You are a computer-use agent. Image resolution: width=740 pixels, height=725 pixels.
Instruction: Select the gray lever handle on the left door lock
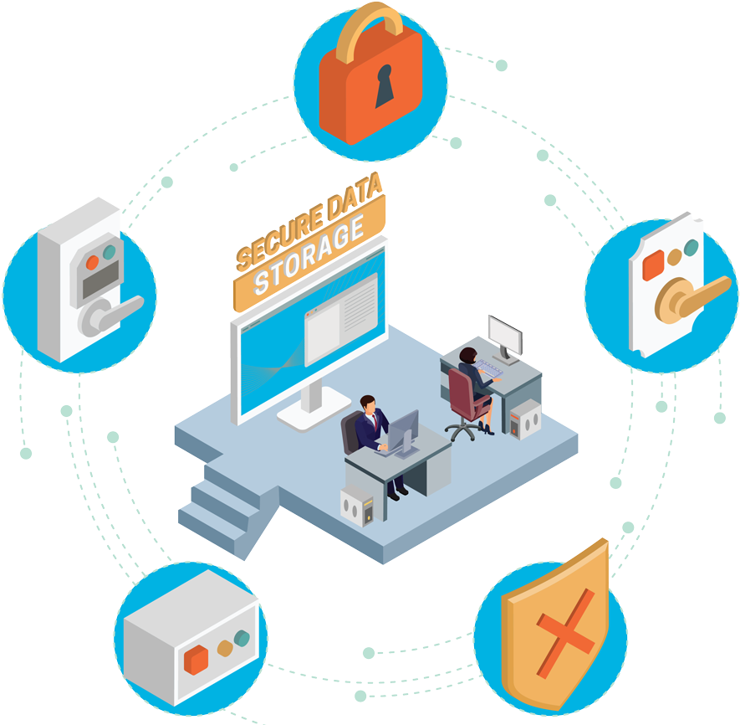pyautogui.click(x=109, y=311)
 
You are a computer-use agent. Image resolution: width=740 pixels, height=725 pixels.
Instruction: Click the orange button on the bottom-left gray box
pyautogui.click(x=196, y=658)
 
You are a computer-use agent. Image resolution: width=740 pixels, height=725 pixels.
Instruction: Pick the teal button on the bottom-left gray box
pyautogui.click(x=242, y=640)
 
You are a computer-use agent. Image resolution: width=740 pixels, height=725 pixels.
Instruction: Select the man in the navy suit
pyautogui.click(x=373, y=431)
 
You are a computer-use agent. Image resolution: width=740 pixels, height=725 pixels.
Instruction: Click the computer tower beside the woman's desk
pyautogui.click(x=525, y=419)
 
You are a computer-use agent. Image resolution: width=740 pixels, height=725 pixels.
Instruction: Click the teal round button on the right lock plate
pyautogui.click(x=691, y=248)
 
